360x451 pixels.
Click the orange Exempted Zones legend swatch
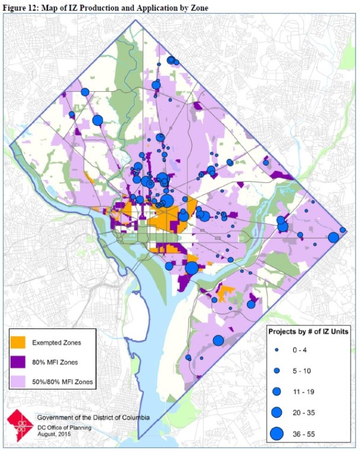point(21,342)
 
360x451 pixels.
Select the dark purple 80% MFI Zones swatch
point(21,362)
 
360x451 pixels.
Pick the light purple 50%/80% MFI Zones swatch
point(21,382)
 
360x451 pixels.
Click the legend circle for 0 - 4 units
point(276,350)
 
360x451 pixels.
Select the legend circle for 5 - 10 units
point(276,371)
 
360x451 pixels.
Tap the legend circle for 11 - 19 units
point(276,391)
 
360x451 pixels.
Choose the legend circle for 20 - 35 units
point(276,412)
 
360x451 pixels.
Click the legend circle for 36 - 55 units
point(276,434)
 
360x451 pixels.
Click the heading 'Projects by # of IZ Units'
point(312,332)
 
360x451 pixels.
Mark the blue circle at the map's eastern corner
point(333,237)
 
